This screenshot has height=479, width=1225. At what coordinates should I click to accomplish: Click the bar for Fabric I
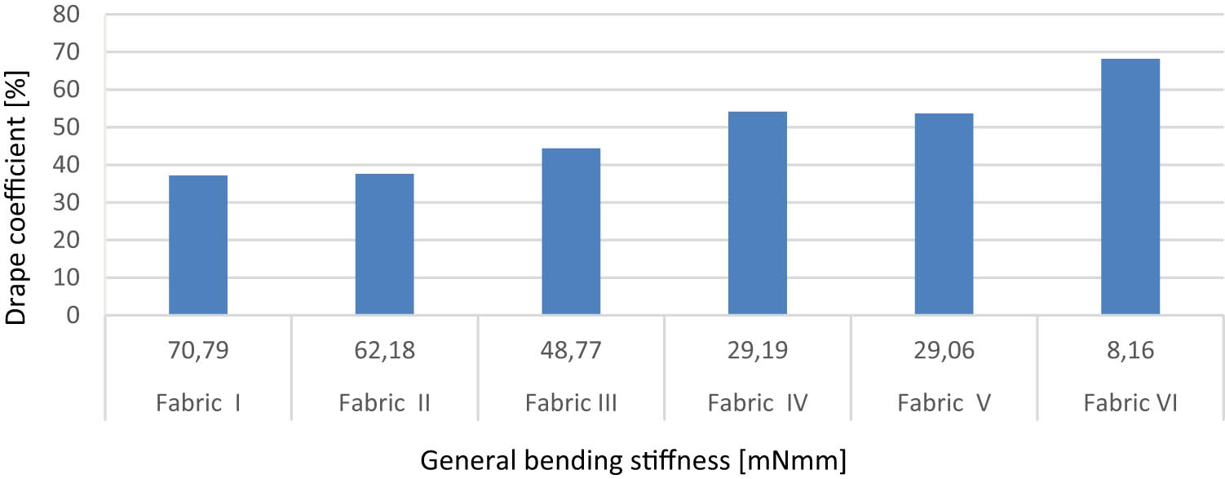pos(198,245)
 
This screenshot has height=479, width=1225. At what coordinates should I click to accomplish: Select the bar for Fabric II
pos(384,244)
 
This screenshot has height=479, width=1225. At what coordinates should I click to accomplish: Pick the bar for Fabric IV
pos(758,213)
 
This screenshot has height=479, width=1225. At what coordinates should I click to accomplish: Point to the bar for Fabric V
pos(944,214)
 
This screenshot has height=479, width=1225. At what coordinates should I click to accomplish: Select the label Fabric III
pos(571,403)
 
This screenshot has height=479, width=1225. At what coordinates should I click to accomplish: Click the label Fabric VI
pos(1130,403)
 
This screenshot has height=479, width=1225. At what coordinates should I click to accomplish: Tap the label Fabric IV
pos(758,403)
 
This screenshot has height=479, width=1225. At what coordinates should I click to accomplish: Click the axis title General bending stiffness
pos(634,461)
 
